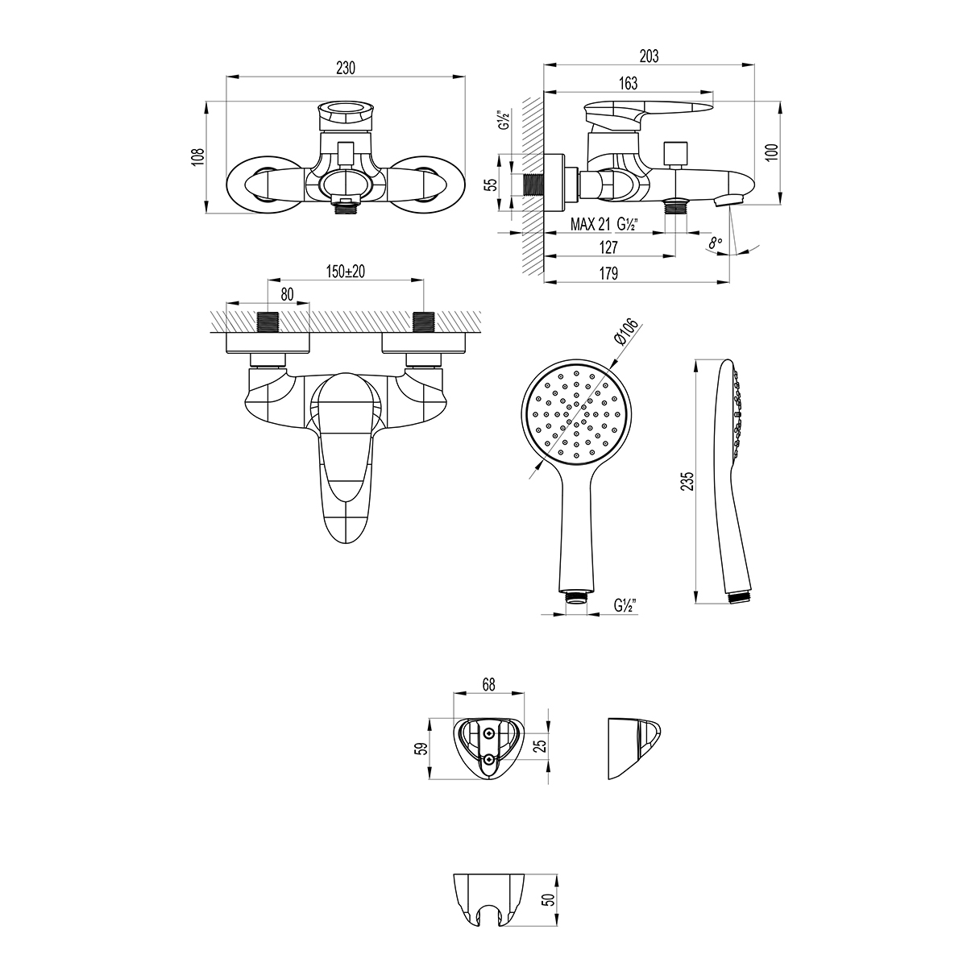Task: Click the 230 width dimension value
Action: coord(345,68)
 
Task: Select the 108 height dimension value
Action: coord(199,157)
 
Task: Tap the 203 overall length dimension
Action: coord(649,56)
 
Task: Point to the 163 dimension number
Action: coord(628,83)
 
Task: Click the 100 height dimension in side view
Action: coord(772,152)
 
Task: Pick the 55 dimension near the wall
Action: coord(492,185)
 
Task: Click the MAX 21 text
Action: coord(590,224)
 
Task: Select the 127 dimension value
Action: coord(608,247)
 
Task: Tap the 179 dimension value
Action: coord(608,273)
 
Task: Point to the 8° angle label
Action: coord(715,243)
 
